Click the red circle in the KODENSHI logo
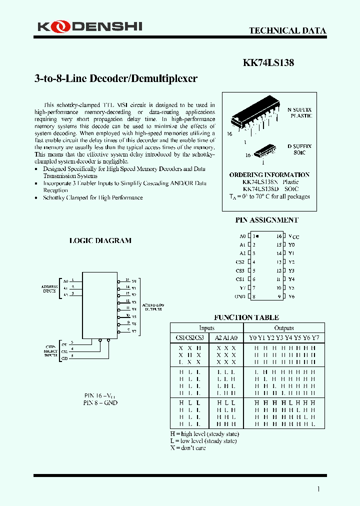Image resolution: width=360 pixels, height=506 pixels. (x=57, y=26)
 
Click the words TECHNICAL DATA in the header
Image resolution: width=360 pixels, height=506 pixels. (x=287, y=30)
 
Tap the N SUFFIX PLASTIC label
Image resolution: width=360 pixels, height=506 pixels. (x=300, y=112)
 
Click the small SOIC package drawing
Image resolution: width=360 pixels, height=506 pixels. (x=265, y=150)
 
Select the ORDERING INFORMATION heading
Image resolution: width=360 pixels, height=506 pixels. (x=269, y=175)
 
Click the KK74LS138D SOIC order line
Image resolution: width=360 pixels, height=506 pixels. (x=269, y=189)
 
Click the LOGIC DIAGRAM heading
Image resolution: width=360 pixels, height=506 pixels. (x=100, y=240)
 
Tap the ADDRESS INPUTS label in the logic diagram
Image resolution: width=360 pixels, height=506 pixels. (x=49, y=288)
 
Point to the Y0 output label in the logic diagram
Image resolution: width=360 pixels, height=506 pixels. (x=134, y=281)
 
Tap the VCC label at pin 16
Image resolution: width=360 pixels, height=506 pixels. (x=293, y=236)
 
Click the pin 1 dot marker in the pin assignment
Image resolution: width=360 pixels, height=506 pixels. (x=257, y=236)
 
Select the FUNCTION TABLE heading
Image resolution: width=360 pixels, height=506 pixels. (x=246, y=317)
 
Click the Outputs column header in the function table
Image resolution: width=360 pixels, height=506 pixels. (x=284, y=328)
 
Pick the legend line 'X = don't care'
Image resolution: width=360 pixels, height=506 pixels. (x=188, y=448)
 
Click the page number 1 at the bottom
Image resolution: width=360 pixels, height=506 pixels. (x=318, y=489)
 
